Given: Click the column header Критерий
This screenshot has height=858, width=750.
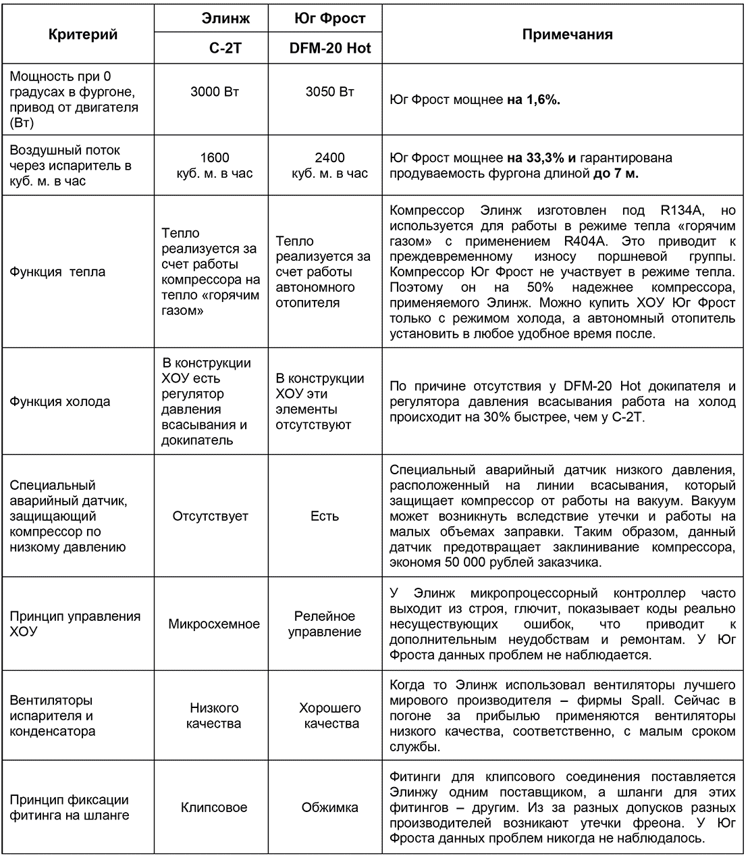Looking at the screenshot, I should click(x=83, y=34).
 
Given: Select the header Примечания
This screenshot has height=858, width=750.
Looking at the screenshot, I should click(x=567, y=34).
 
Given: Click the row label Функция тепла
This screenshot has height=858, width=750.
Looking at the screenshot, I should click(x=57, y=272).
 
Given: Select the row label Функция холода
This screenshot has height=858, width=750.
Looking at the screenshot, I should click(x=59, y=401).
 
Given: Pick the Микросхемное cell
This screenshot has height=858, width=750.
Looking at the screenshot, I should click(x=214, y=624).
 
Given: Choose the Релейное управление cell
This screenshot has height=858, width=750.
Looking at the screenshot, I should click(x=325, y=624).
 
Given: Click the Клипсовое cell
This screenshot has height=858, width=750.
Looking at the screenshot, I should click(x=214, y=807).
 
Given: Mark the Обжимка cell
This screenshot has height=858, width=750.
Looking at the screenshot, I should click(x=329, y=807).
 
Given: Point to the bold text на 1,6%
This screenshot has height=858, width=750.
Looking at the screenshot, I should click(x=534, y=100).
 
